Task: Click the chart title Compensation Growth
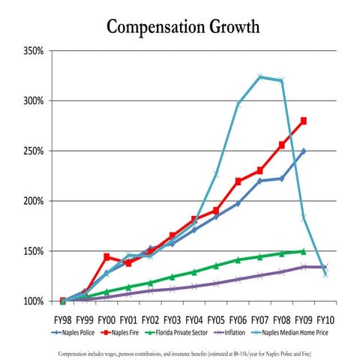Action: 183,28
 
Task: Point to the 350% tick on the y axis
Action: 34,50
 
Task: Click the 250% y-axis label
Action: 34,151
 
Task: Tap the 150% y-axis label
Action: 34,251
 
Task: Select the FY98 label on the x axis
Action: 62,317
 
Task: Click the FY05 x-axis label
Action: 215,317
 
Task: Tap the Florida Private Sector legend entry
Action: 184,330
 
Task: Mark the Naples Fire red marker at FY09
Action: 304,121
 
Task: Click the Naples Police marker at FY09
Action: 304,151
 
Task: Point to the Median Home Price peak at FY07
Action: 260,76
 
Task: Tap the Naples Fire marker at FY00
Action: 106,256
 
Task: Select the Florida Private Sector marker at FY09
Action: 304,251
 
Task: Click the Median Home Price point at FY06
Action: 238,103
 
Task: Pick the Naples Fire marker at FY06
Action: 238,181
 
